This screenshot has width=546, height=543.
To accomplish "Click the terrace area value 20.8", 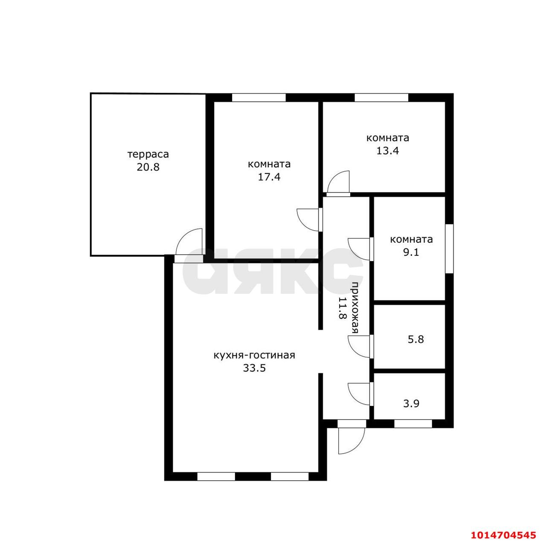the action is (148, 167).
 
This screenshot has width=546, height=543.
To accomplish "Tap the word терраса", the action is (148, 155).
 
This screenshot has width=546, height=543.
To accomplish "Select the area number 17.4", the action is (269, 177).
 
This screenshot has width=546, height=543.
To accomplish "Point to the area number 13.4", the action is (388, 151).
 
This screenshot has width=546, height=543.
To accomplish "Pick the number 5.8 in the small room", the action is (415, 339).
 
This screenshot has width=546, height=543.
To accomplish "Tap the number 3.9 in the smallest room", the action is (411, 403).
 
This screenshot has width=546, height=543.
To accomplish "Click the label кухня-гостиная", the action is (254, 355).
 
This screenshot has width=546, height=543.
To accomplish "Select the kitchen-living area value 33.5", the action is (254, 368).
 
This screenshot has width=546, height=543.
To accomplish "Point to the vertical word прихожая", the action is (355, 308).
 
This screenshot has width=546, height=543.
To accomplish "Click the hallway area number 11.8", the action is (343, 308).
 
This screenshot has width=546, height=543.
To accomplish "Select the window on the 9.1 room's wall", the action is (449, 249).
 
